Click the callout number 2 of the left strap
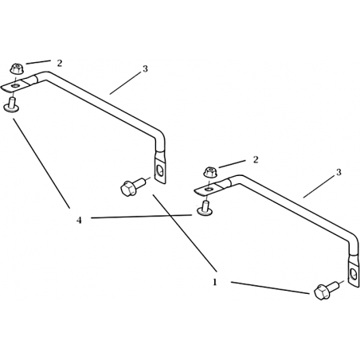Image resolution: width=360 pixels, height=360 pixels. pos(60,63)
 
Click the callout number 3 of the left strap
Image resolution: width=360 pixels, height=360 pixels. pos(145,68)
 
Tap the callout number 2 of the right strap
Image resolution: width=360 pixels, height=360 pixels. pos(256,159)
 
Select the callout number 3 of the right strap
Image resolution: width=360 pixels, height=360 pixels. pos(338,172)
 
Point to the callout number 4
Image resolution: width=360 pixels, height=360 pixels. pos(79,220)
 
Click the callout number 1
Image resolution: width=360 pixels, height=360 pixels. pos(215,282)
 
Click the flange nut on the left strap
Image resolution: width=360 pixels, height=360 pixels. pos(17,68)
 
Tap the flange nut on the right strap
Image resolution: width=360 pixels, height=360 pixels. pos(210,172)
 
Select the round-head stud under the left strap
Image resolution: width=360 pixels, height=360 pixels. pos(11,105)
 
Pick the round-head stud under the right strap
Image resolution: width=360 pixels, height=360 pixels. pos(204,209)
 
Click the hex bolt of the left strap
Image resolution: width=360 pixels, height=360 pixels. pos(132,186)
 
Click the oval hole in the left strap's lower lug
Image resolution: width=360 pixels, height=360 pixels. pos(160,170)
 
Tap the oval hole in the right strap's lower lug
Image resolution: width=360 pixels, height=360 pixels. pos(354,274)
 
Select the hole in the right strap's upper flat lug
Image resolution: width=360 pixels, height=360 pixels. pos(209,189)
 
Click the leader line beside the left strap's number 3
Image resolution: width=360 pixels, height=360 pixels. pos(125,83)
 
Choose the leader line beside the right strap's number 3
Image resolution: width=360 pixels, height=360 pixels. pos(319,186)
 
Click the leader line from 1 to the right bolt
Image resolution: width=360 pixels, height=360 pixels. pos(270,288)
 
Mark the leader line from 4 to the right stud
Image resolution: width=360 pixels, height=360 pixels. pos(142,217)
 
